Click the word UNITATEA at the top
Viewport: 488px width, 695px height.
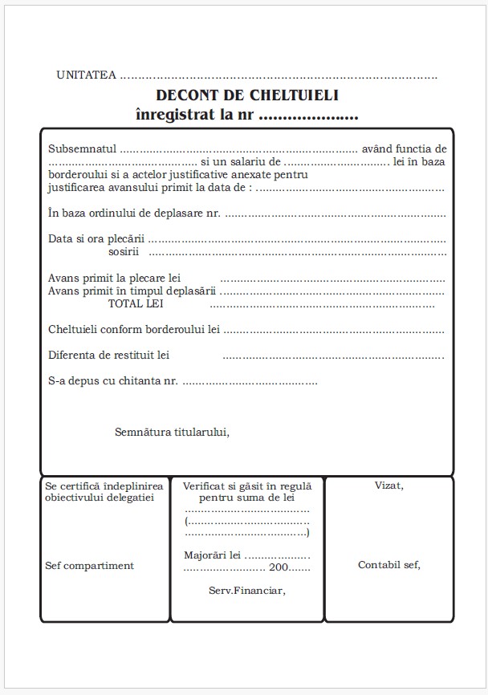click(86, 75)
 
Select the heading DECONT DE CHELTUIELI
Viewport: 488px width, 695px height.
click(248, 96)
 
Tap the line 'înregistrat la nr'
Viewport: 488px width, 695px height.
click(196, 115)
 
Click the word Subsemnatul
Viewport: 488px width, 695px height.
click(83, 149)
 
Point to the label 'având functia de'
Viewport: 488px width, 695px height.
click(404, 149)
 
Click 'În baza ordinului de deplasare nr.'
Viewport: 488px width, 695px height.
click(134, 213)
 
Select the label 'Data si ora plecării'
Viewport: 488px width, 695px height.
click(96, 239)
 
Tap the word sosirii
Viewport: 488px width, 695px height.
click(124, 252)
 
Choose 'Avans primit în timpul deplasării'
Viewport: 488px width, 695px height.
click(132, 291)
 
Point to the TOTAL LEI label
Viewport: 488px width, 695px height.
click(136, 303)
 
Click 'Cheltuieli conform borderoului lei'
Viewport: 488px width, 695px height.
click(134, 329)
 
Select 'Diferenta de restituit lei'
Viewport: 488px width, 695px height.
click(108, 355)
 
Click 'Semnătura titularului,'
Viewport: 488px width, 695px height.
click(172, 432)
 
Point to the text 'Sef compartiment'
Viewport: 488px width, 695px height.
click(89, 566)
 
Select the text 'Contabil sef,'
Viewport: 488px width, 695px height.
click(388, 565)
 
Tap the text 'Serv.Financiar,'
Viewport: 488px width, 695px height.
click(246, 591)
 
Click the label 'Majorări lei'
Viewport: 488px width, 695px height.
click(212, 555)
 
